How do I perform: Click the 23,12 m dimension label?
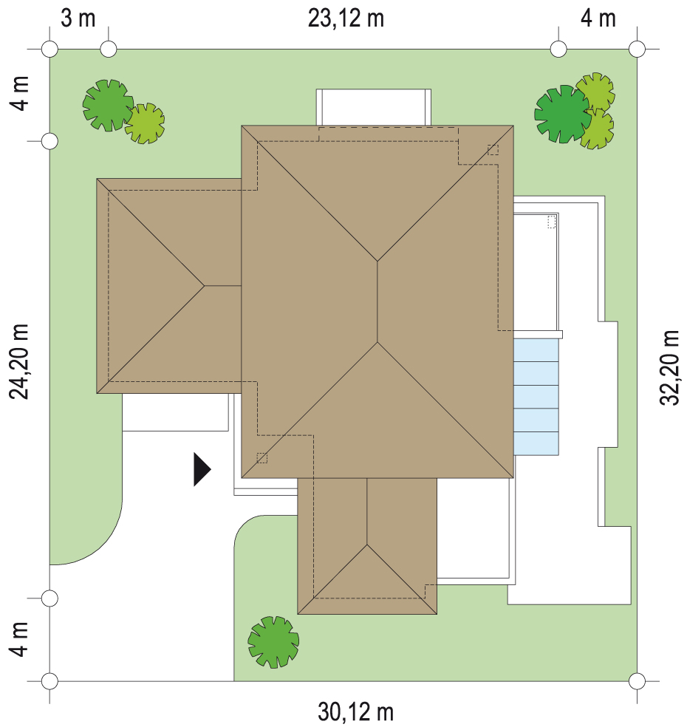click(x=346, y=19)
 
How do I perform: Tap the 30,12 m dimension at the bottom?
click(x=355, y=711)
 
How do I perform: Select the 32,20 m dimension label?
click(x=669, y=368)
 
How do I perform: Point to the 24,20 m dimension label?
click(x=19, y=361)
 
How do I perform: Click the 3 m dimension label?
click(x=78, y=19)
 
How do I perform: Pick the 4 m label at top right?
click(x=598, y=19)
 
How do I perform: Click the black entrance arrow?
click(x=202, y=470)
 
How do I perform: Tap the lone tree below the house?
click(x=273, y=642)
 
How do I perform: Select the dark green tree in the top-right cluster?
click(x=562, y=114)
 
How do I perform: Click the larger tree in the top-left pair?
click(x=108, y=105)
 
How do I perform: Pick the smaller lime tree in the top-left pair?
click(x=145, y=123)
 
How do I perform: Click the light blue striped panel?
click(x=536, y=397)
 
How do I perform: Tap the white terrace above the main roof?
click(x=374, y=107)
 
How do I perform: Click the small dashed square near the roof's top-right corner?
click(x=493, y=150)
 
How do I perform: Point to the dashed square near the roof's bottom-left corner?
click(x=262, y=457)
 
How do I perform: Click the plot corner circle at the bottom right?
click(x=637, y=681)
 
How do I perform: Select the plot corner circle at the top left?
click(x=49, y=49)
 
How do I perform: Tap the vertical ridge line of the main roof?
click(x=377, y=302)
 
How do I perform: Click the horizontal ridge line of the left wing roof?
click(x=223, y=286)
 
